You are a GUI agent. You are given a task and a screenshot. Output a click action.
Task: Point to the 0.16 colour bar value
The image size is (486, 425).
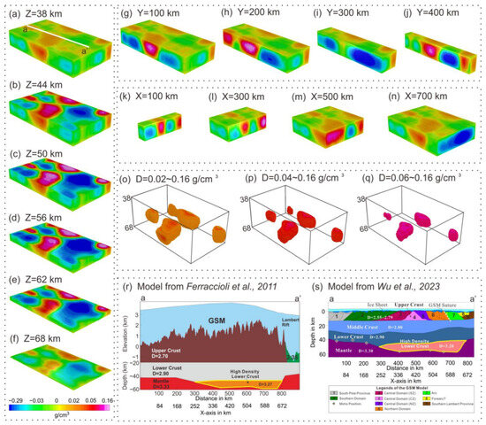point(105,400)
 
